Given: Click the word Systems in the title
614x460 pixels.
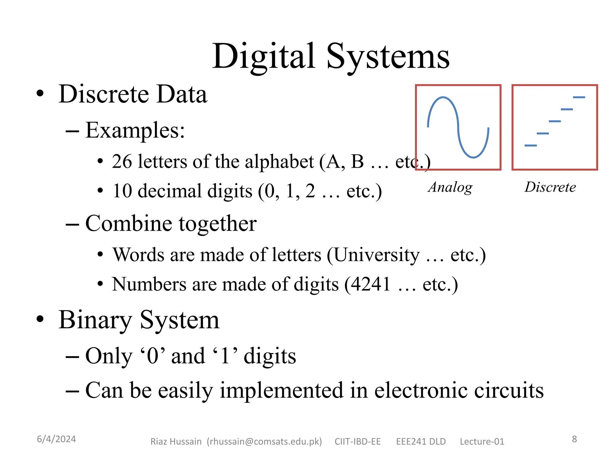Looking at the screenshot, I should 388,57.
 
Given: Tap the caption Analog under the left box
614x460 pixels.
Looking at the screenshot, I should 450,187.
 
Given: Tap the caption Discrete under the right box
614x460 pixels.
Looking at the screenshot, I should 550,187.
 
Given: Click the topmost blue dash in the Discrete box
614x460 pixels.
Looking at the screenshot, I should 579,97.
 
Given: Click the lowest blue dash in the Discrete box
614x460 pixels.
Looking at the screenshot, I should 530,146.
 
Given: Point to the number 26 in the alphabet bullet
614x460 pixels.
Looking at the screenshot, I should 122,162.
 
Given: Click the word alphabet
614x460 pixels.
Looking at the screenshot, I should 279,162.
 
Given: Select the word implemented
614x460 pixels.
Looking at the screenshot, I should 281,391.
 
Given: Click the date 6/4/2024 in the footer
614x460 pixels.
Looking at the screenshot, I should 56,439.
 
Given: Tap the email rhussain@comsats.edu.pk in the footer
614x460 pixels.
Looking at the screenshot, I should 264,441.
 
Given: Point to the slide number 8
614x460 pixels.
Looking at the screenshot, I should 574,439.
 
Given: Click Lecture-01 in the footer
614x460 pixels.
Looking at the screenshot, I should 482,441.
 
